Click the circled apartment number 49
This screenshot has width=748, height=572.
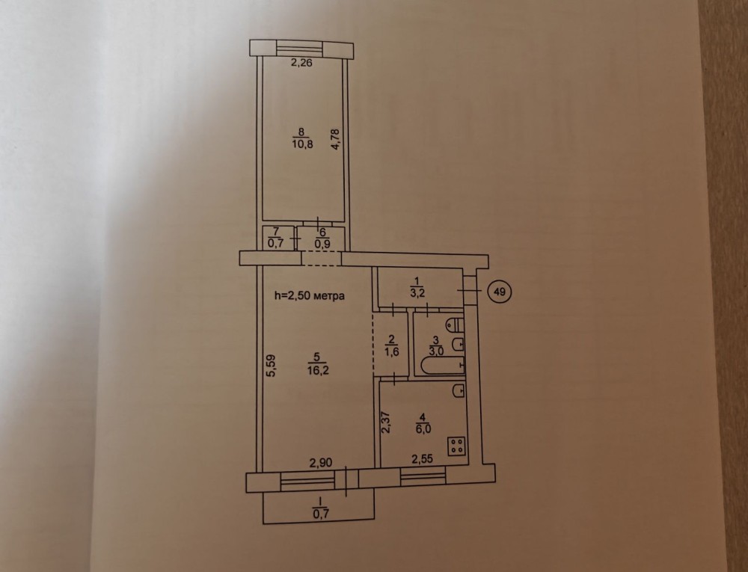tap(500, 291)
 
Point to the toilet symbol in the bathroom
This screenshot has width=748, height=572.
tap(456, 325)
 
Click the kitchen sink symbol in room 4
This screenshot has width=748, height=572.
tap(459, 390)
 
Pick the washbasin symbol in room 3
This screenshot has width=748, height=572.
tap(459, 344)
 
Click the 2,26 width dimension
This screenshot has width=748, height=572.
tap(301, 63)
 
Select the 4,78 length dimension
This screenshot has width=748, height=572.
tap(336, 140)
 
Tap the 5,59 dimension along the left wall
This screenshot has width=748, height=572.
tap(271, 366)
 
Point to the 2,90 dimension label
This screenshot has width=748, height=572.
tap(321, 462)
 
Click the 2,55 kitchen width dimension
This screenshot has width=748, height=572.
tap(422, 460)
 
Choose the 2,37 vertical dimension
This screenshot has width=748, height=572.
tap(386, 422)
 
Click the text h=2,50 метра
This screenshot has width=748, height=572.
tap(310, 295)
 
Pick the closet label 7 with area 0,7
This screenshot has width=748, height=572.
tap(276, 237)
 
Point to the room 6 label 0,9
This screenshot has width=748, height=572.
tap(322, 238)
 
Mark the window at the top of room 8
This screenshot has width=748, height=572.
tap(301, 49)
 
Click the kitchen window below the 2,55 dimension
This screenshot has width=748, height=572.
tap(423, 477)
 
